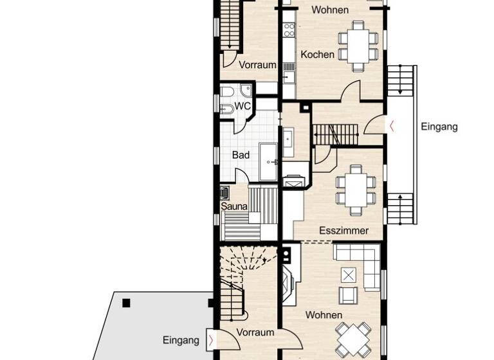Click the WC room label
click(x=242, y=105)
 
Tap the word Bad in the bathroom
click(x=240, y=155)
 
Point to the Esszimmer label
click(x=343, y=231)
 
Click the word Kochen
click(x=317, y=55)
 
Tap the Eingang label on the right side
click(x=439, y=127)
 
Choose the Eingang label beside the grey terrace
click(x=181, y=340)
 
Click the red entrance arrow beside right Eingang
click(x=393, y=125)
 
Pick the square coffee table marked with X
click(x=348, y=275)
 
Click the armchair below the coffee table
click(x=348, y=294)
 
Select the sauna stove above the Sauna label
click(x=224, y=192)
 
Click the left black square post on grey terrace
click(x=127, y=303)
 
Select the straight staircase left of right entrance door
click(x=334, y=134)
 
